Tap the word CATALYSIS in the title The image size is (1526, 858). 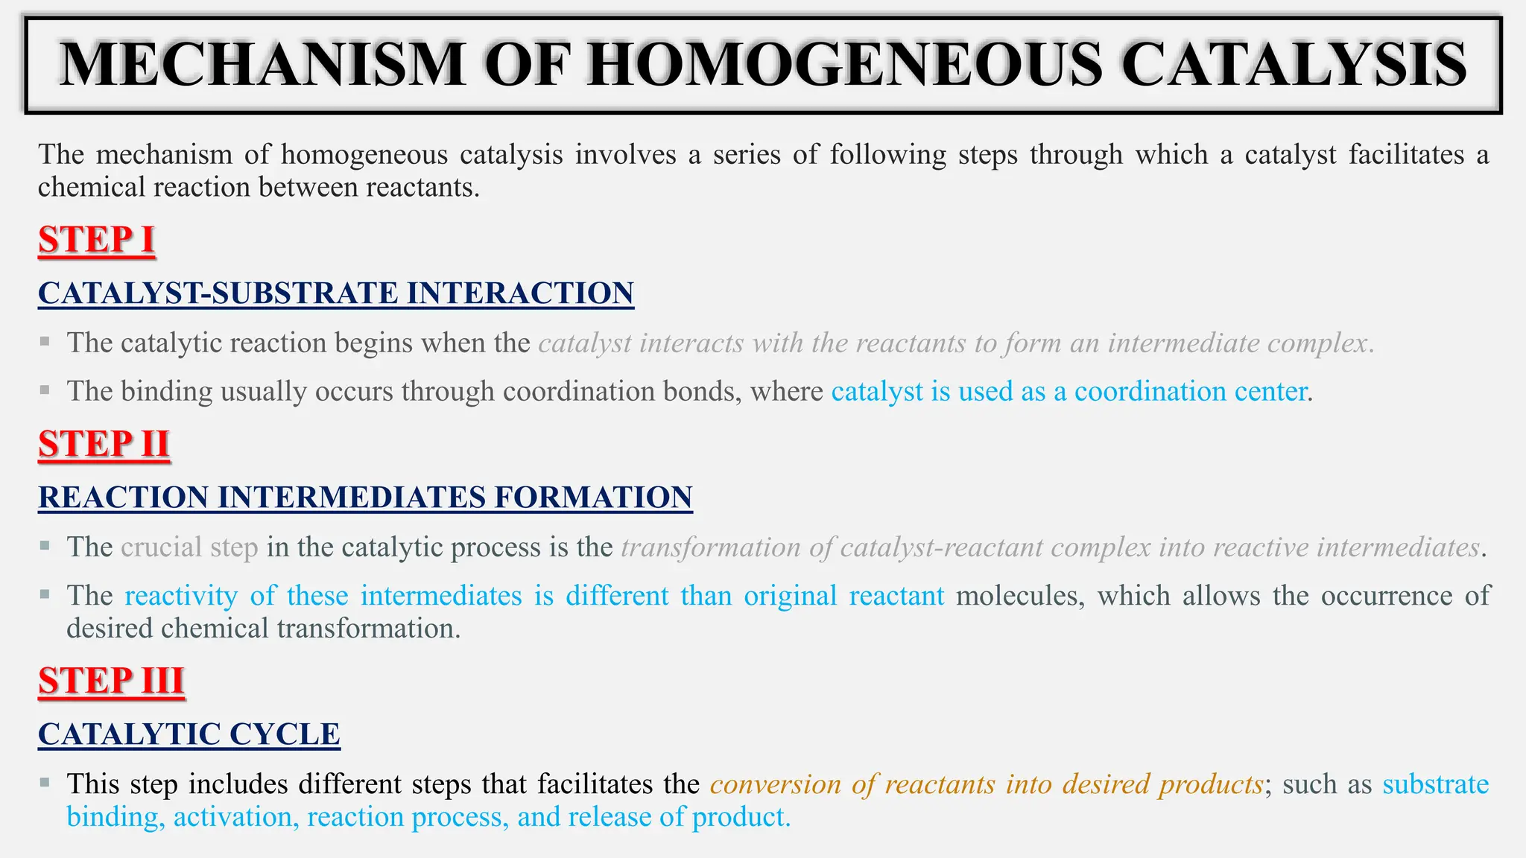pyautogui.click(x=1294, y=66)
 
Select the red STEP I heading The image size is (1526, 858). pyautogui.click(x=97, y=241)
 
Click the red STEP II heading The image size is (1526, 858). pyautogui.click(x=104, y=445)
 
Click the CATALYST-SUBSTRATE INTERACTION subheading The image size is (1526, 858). pyautogui.click(x=336, y=293)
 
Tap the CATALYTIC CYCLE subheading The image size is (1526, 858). pyautogui.click(x=189, y=734)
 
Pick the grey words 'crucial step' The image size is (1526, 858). pyautogui.click(x=189, y=547)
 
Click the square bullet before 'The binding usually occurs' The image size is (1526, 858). pyautogui.click(x=45, y=390)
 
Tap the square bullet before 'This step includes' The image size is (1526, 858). pyautogui.click(x=45, y=783)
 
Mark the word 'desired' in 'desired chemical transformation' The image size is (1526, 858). pyautogui.click(x=110, y=629)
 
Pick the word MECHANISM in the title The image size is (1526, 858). pyautogui.click(x=262, y=66)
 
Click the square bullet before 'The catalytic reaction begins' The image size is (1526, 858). pyautogui.click(x=45, y=342)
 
